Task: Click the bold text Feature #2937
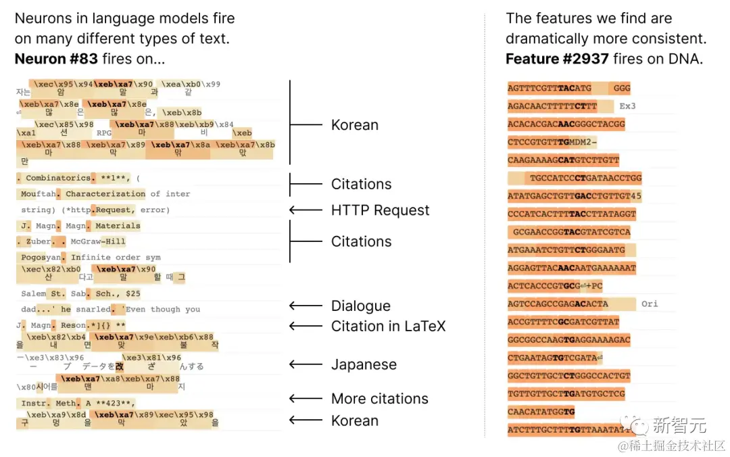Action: [556, 59]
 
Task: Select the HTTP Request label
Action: [380, 210]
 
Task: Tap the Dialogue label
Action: [360, 306]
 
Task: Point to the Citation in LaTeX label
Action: [388, 326]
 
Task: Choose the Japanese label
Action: [364, 364]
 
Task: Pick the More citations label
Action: [379, 398]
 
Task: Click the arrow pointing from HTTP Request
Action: [306, 210]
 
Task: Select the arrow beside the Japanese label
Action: [306, 364]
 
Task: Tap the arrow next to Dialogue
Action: [306, 306]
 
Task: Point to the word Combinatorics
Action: [57, 178]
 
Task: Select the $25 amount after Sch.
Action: [133, 293]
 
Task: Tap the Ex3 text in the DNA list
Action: [628, 106]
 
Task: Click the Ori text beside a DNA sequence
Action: [650, 304]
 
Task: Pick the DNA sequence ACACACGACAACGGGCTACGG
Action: [566, 124]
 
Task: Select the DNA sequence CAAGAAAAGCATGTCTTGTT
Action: [563, 160]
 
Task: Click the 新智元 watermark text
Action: [679, 425]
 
